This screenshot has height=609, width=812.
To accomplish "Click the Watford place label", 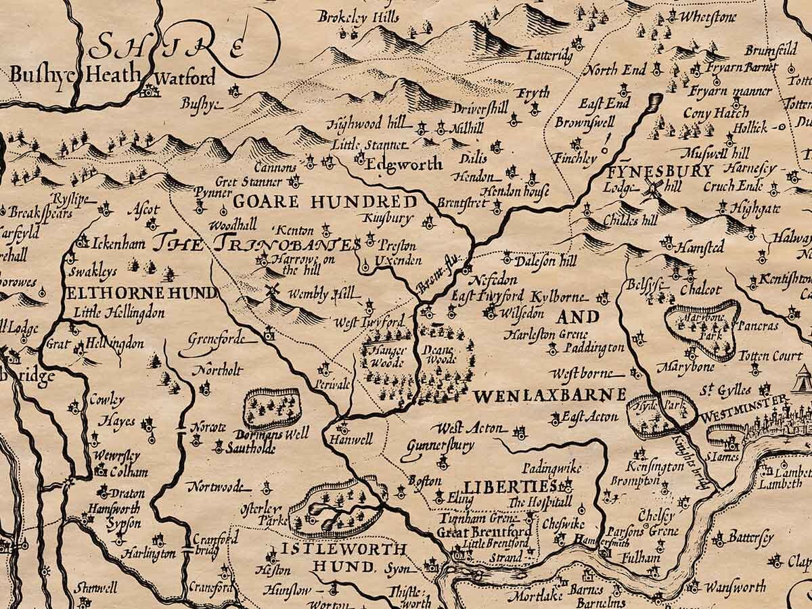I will coord(185,76).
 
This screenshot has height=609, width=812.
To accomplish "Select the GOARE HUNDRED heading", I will coord(325,202).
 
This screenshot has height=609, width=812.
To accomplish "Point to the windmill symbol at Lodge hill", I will coord(654,189).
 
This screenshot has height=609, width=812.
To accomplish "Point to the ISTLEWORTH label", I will coord(344,549).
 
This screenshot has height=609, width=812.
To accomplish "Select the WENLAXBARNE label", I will coord(549,394).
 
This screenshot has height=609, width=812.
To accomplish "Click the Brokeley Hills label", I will coord(358,17).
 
